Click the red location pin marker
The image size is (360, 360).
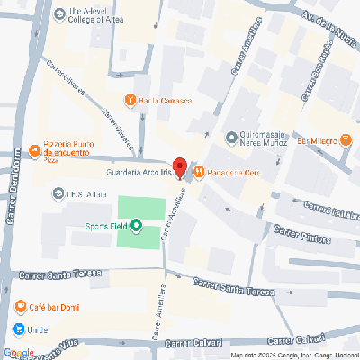coord(179,167)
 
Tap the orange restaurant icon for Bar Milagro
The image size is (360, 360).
coord(346,140)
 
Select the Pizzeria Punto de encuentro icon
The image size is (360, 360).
coord(34,149)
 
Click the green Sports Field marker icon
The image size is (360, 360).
coord(137,226)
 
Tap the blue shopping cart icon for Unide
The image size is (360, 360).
coord(19,329)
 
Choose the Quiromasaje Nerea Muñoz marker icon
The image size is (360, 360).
coord(231,139)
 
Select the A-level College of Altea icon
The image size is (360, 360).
coord(60,13)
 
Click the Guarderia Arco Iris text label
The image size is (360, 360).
coord(138,171)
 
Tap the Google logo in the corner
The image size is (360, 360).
coord(19,352)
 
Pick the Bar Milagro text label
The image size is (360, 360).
coord(316,141)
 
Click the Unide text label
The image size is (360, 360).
coord(38,330)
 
